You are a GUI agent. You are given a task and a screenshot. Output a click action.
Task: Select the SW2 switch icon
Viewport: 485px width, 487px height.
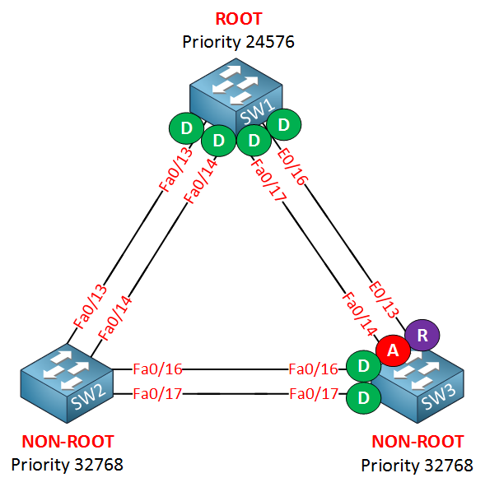pos(67,383)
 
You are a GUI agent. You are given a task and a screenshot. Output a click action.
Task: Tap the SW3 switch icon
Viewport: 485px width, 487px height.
pos(417,385)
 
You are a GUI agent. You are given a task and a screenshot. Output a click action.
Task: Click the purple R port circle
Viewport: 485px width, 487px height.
pos(422,336)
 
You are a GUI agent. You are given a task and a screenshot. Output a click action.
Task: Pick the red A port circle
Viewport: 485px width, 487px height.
pos(393,350)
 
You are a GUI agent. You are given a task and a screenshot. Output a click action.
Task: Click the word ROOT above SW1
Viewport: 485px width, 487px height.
pos(239,19)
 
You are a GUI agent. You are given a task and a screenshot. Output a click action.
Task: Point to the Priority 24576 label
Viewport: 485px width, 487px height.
pos(238,42)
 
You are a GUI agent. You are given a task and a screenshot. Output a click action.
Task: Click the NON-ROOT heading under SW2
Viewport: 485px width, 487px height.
pos(68,442)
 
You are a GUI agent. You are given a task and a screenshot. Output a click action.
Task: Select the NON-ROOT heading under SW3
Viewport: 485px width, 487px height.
pos(417,442)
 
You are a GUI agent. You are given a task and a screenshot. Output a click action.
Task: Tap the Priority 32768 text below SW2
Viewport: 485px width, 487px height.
pos(68,465)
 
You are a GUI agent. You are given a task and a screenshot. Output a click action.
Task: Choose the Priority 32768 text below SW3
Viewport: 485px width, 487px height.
pos(417,466)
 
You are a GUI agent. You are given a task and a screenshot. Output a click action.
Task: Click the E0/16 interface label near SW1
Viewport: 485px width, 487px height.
pos(292,167)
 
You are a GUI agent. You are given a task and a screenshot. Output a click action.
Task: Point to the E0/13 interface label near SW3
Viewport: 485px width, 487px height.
pos(384,299)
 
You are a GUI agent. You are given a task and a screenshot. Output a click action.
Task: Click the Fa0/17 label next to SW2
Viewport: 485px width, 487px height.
pos(157,394)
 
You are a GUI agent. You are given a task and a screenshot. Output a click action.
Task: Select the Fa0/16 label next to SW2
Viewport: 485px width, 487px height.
pos(157,369)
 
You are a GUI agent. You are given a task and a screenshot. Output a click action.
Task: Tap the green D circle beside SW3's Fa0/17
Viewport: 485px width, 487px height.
pos(363,398)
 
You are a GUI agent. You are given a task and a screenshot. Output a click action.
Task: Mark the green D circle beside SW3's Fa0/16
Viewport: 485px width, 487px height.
pos(363,366)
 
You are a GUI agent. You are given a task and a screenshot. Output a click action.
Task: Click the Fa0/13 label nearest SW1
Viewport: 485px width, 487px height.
pos(175,169)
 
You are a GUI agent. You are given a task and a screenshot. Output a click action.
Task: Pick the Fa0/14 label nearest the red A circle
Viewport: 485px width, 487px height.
pos(359,314)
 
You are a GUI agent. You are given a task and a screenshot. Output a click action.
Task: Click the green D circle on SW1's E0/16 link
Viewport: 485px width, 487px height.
pos(284,124)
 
